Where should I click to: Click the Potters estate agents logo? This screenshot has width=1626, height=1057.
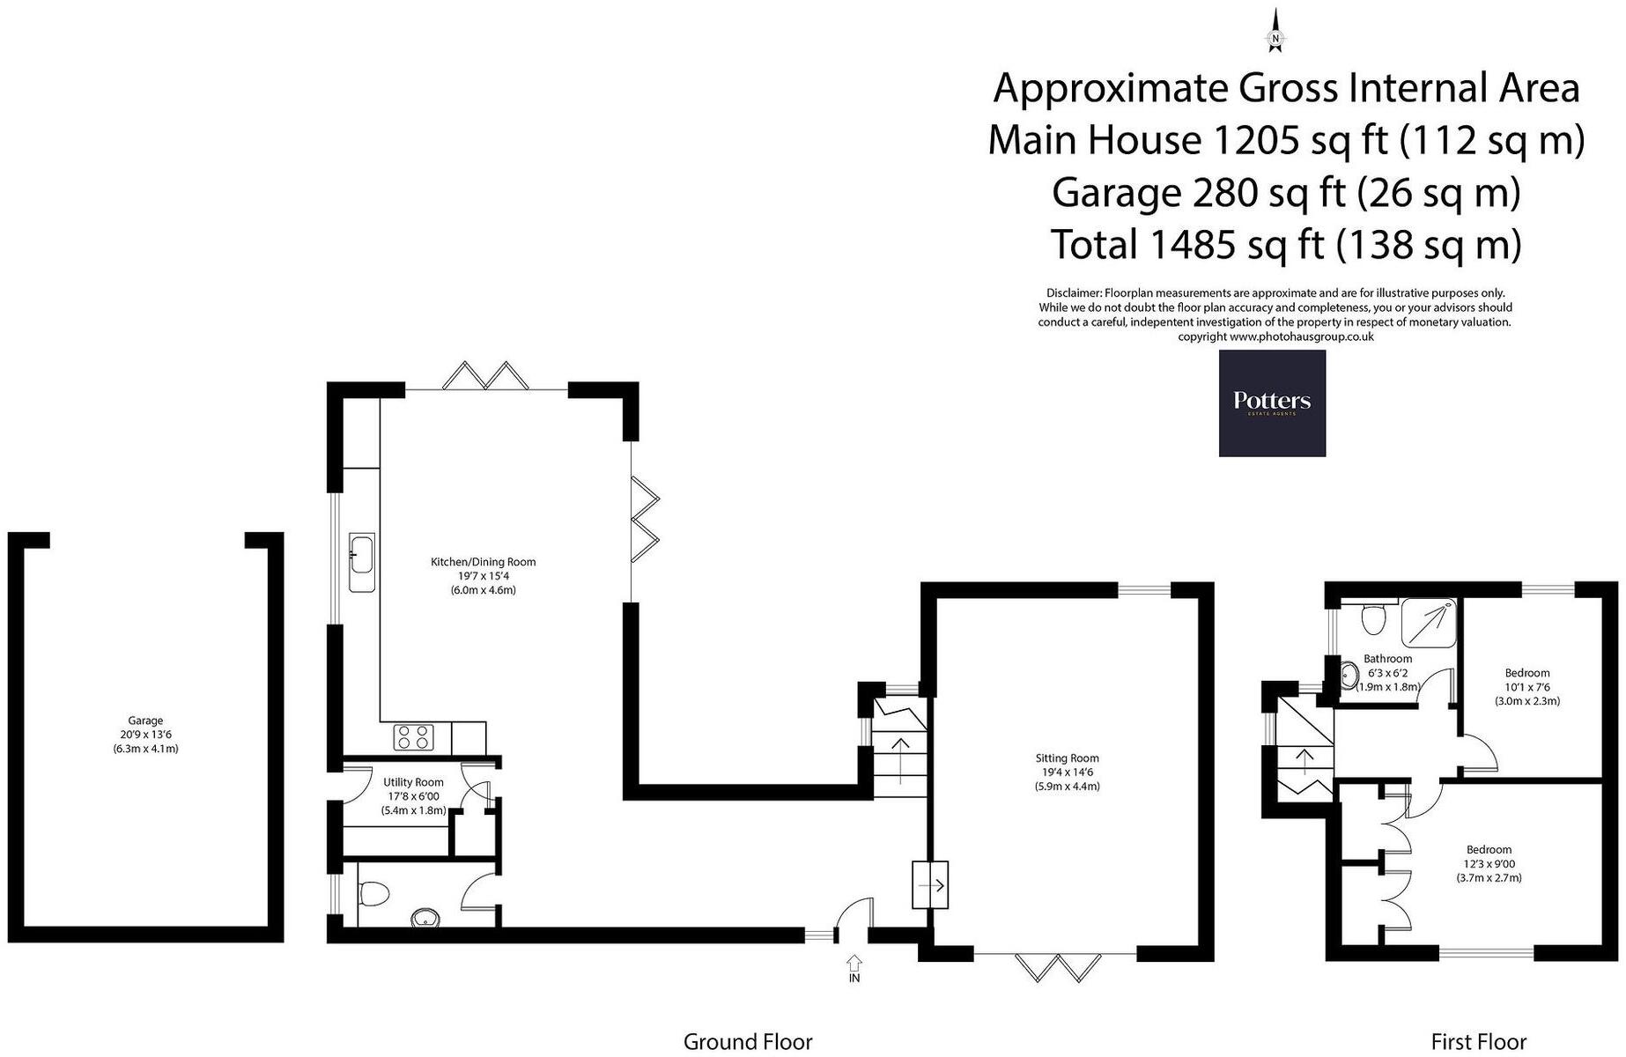click(x=1271, y=403)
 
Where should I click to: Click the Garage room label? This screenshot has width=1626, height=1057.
click(x=145, y=735)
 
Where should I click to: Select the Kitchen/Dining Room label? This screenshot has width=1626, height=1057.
click(x=483, y=575)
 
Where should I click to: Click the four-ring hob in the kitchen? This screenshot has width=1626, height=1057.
click(x=414, y=736)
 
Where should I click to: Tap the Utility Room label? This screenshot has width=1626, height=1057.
click(x=413, y=795)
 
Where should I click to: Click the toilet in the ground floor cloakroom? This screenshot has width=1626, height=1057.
click(x=374, y=893)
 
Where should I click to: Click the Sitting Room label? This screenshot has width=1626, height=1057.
click(x=1067, y=772)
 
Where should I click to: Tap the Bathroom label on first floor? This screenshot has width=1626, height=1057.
click(x=1387, y=672)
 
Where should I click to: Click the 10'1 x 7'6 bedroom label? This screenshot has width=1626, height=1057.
click(x=1526, y=687)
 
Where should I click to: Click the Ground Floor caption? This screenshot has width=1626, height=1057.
click(x=747, y=1041)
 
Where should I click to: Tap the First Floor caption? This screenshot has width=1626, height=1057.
click(x=1478, y=1041)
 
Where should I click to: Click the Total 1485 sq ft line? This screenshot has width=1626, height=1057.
click(x=1286, y=245)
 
